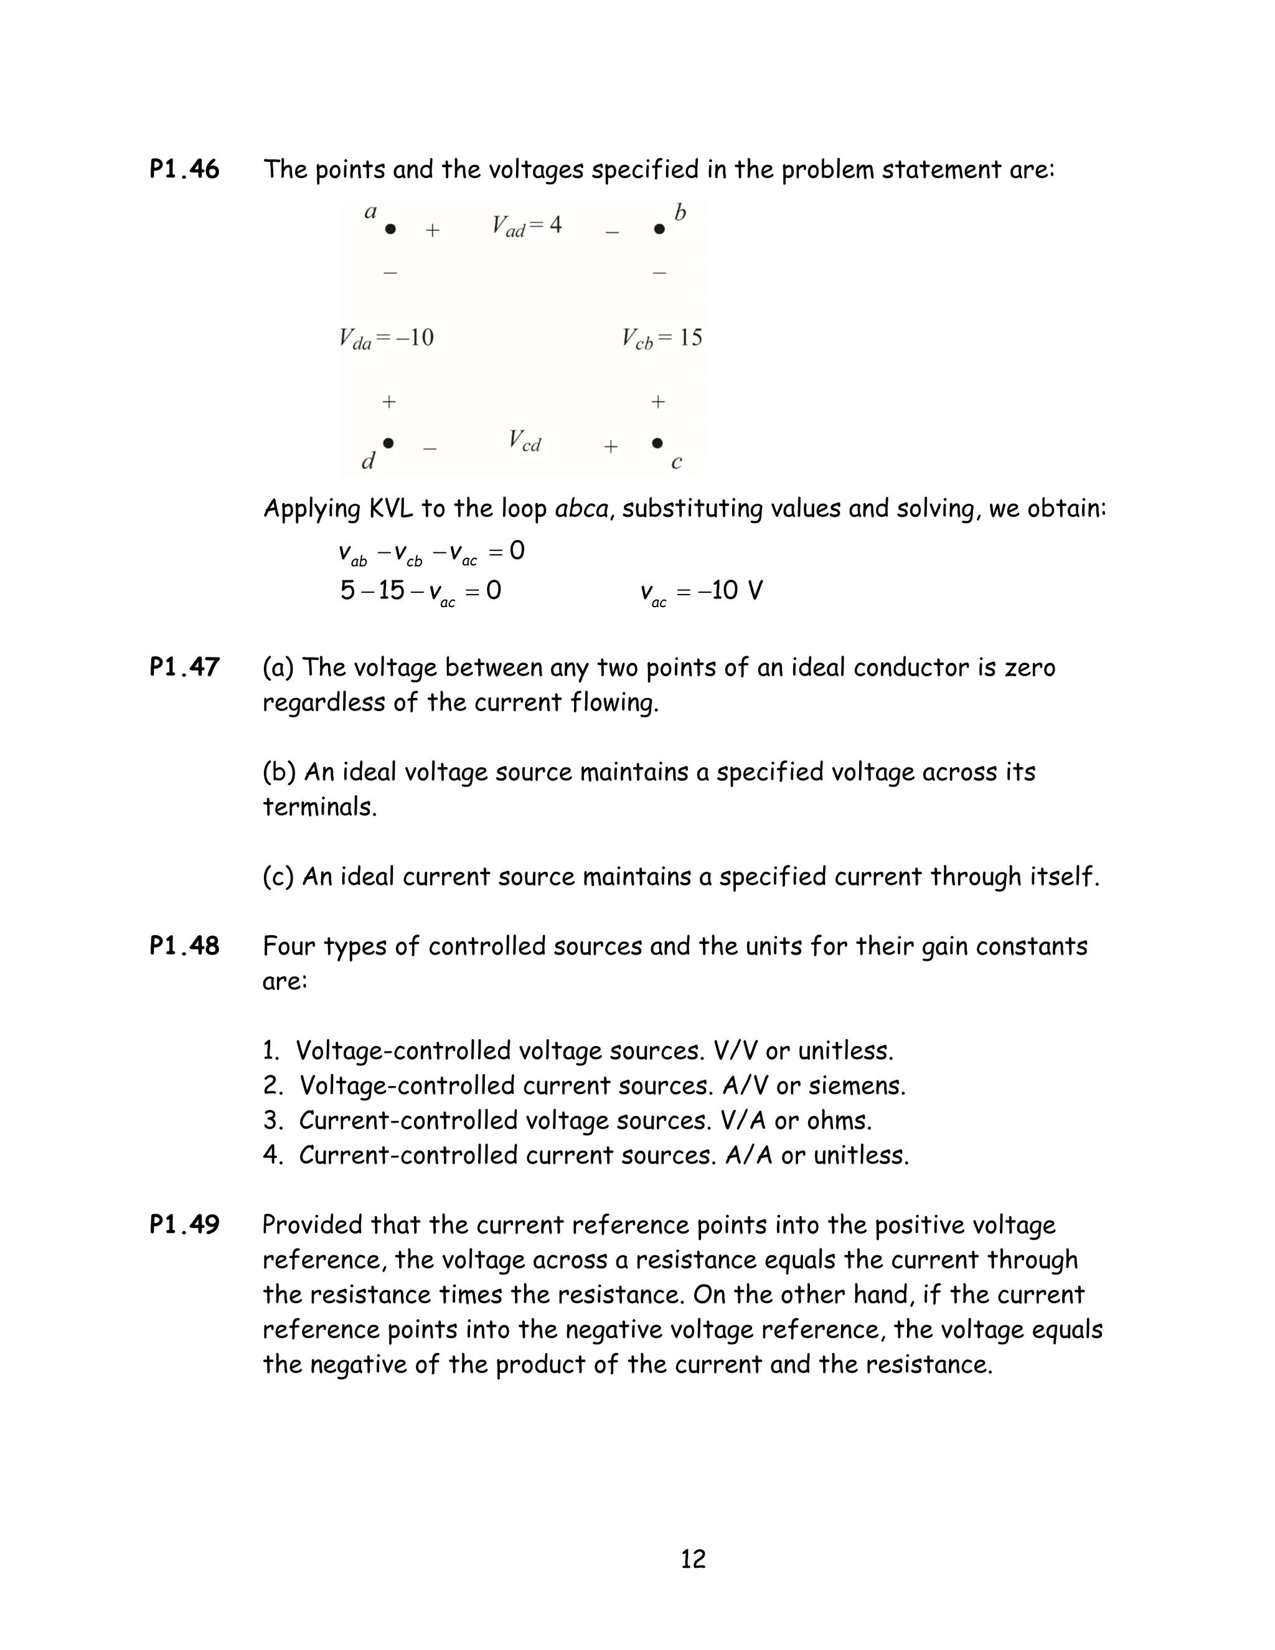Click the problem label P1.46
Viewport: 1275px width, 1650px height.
click(x=184, y=169)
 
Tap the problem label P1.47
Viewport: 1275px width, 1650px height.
click(x=184, y=667)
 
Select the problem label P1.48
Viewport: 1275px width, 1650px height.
click(x=184, y=946)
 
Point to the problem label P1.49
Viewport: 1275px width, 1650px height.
click(x=184, y=1225)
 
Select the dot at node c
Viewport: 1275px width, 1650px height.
click(x=657, y=443)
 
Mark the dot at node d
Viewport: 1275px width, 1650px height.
click(x=388, y=443)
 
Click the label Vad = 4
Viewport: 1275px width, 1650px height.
click(x=527, y=226)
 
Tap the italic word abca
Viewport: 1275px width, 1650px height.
click(x=581, y=509)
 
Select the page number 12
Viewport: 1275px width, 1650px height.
click(x=693, y=1558)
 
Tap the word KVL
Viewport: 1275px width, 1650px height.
click(x=390, y=509)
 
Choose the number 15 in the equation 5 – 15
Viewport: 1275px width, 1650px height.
click(x=391, y=590)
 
